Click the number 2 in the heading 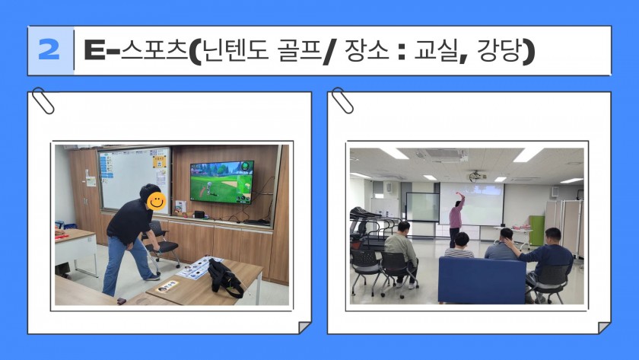49,49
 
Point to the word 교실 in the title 435,50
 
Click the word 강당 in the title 499,50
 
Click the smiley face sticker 157,201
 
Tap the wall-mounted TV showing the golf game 221,182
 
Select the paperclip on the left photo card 43,100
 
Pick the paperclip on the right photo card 342,100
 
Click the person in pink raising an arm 456,219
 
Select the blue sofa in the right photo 482,280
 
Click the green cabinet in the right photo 537,231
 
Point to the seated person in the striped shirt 460,246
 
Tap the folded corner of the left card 304,327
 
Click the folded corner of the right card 604,327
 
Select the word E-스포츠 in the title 135,50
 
